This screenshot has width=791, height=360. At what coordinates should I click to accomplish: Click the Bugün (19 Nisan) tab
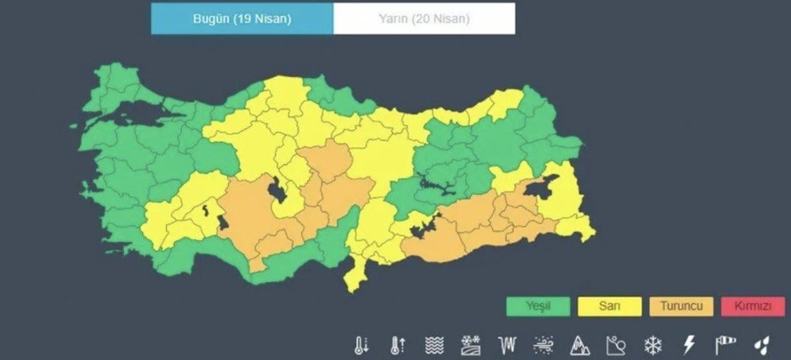click(x=242, y=18)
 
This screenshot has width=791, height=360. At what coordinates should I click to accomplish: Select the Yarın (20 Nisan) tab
click(x=424, y=18)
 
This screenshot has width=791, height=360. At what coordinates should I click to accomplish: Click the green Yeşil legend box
click(x=538, y=306)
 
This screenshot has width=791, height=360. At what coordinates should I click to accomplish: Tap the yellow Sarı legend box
click(x=610, y=306)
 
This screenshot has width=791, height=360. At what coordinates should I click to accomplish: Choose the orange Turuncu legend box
click(x=681, y=306)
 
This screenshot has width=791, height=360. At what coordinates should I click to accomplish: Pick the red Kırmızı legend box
click(x=752, y=306)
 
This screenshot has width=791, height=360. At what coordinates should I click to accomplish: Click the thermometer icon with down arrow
click(x=362, y=345)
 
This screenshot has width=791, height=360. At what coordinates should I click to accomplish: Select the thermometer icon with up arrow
click(x=398, y=345)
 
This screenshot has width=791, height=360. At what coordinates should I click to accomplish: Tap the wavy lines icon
click(x=434, y=345)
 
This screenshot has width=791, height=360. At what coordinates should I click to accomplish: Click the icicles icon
click(x=507, y=345)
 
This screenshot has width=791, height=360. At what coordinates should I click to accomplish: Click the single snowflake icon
click(x=653, y=345)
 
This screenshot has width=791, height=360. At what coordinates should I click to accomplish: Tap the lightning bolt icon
click(x=689, y=345)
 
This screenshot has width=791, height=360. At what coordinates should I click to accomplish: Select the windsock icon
click(x=725, y=345)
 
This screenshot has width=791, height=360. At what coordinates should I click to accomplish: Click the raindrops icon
click(x=761, y=345)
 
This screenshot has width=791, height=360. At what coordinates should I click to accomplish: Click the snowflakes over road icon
click(x=471, y=345)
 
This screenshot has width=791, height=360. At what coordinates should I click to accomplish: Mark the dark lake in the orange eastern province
click(x=541, y=188)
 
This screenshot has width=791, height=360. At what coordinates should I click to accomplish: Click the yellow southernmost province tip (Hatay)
click(x=354, y=280)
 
